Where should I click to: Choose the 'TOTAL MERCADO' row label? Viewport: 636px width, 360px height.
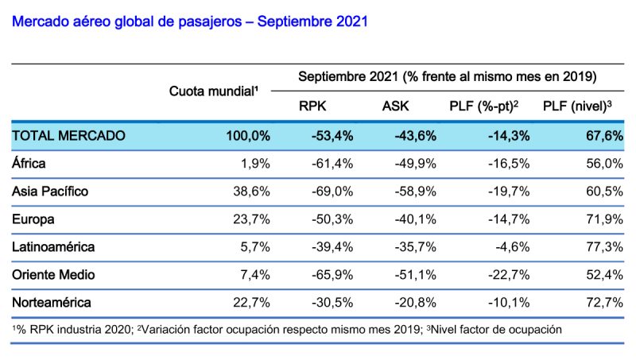pyautogui.click(x=68, y=136)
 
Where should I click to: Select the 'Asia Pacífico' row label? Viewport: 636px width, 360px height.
pyautogui.click(x=50, y=192)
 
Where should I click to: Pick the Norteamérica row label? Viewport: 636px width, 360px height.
pyautogui.click(x=52, y=302)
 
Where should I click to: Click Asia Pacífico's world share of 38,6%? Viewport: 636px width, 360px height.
pyautogui.click(x=252, y=192)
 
